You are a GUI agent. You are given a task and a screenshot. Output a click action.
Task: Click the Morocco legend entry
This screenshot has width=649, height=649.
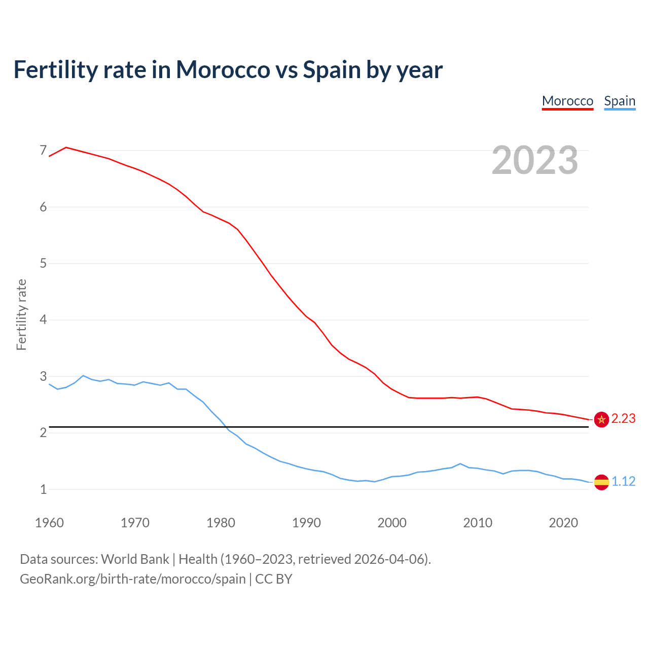[x=567, y=101]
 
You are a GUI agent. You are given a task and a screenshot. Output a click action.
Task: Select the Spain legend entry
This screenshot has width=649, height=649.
[x=620, y=101]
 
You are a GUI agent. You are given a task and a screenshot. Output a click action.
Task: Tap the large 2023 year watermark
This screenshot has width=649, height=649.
[x=535, y=160]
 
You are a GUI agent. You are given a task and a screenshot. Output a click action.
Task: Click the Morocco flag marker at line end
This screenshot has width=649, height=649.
[x=601, y=419]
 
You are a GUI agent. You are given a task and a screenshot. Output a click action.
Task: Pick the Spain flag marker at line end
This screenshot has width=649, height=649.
[x=601, y=482]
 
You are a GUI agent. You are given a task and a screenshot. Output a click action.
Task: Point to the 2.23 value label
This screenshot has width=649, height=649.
[x=623, y=419]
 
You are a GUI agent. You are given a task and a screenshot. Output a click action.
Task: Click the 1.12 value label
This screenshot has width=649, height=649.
[x=623, y=482]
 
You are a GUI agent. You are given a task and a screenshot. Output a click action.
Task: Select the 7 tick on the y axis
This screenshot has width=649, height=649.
[x=43, y=151]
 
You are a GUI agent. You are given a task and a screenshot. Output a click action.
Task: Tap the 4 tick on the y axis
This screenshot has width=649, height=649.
[x=43, y=320]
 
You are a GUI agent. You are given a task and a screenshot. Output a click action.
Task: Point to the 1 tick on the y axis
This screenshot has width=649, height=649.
[x=43, y=490]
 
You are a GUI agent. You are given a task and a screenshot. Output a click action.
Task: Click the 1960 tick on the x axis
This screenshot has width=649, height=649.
[x=49, y=523]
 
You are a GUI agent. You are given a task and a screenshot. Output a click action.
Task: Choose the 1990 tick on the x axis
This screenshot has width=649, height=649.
[x=306, y=523]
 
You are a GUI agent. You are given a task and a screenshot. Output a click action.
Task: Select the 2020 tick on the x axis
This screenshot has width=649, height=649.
[x=563, y=523]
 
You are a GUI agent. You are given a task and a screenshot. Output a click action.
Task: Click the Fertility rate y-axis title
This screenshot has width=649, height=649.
[x=21, y=314]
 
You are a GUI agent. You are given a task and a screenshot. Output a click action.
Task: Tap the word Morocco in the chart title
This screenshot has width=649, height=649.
[x=223, y=70]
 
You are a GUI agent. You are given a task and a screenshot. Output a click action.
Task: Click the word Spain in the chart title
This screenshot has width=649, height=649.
[x=332, y=70]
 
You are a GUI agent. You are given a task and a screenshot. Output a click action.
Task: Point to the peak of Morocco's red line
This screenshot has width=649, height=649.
[x=66, y=148]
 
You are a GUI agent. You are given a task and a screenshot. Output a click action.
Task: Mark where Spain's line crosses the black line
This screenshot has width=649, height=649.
[x=226, y=427]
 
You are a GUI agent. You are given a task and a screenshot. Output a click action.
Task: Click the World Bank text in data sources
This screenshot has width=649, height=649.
[x=135, y=559]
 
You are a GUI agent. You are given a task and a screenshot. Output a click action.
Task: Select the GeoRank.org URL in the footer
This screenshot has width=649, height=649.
[x=133, y=579]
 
